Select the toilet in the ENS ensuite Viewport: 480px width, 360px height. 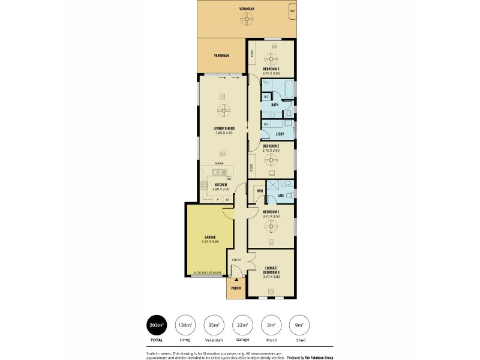289,196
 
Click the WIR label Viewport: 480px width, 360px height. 260,191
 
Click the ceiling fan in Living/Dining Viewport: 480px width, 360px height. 224,110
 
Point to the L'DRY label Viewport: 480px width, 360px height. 280,134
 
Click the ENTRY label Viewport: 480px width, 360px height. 236,260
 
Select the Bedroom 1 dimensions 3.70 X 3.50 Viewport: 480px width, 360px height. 271,216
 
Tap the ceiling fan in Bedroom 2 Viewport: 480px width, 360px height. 271,160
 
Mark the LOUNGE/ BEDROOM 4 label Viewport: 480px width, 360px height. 271,270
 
